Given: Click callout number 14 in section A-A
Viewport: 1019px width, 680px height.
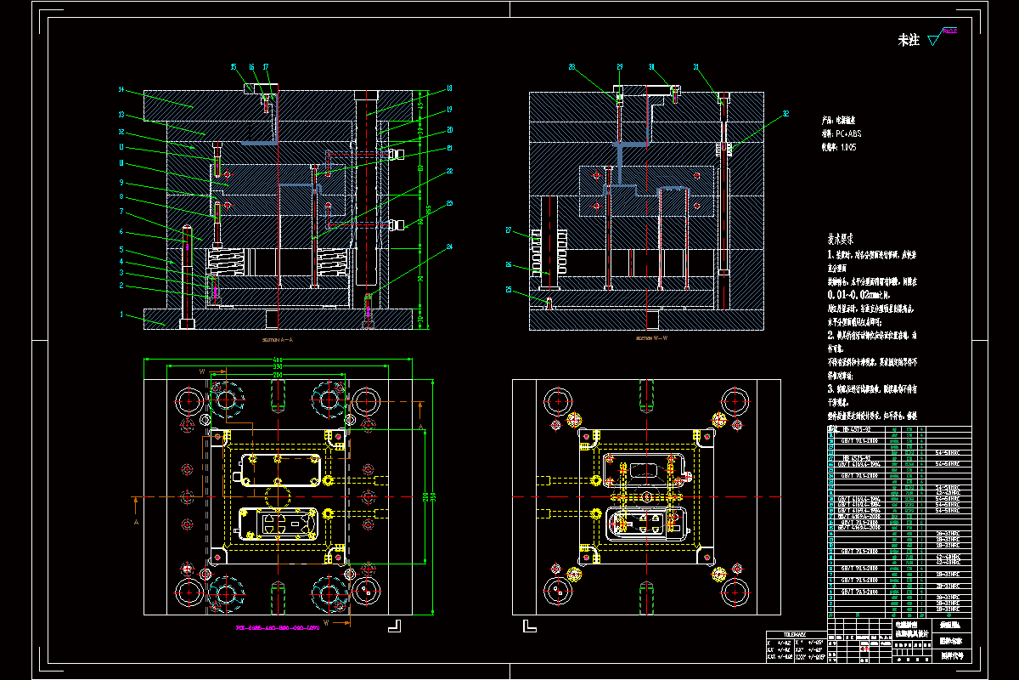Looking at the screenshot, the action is pyautogui.click(x=121, y=89).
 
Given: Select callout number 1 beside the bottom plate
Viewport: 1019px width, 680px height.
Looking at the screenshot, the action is pyautogui.click(x=121, y=314).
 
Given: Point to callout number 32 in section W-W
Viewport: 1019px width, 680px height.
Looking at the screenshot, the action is pyautogui.click(x=785, y=112).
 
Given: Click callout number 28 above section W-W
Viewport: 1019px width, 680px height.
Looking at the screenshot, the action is pyautogui.click(x=571, y=66).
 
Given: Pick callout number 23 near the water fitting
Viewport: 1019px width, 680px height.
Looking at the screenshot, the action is pyautogui.click(x=448, y=202).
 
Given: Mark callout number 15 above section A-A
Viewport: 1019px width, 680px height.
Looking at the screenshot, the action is pyautogui.click(x=234, y=66).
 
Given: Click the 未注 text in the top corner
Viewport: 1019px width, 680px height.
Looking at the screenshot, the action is pyautogui.click(x=909, y=40).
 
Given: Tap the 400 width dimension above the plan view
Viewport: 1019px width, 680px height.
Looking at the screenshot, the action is pyautogui.click(x=278, y=359).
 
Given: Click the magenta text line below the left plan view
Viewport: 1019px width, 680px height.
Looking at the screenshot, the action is pyautogui.click(x=277, y=630).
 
